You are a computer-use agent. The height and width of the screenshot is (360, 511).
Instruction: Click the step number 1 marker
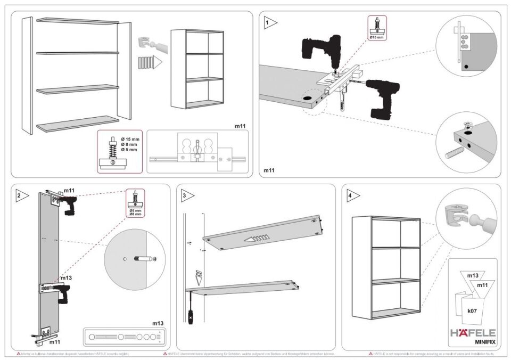269,22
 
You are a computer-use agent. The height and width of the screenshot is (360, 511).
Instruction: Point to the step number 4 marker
350,195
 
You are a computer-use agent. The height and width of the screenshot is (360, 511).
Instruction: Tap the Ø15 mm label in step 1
377,38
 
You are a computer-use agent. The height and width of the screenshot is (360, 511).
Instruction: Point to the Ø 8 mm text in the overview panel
129,144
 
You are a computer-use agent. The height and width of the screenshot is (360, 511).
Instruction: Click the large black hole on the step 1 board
308,99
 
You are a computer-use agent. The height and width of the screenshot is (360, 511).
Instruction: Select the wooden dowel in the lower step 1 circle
451,151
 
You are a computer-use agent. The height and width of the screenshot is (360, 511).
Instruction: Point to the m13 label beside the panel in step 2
66,278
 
